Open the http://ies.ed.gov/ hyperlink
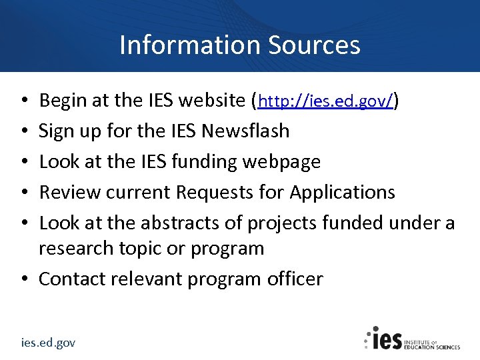click(327, 101)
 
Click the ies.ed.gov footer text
click(48, 343)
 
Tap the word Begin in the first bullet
click(63, 101)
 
